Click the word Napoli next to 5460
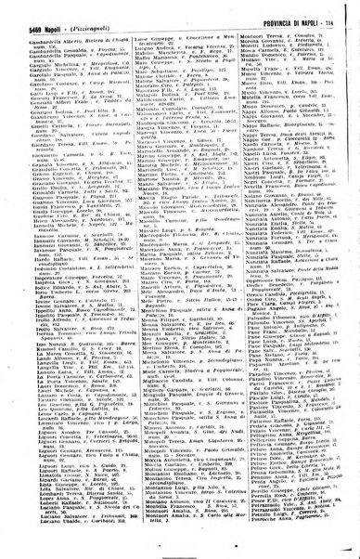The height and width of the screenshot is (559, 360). click(48, 31)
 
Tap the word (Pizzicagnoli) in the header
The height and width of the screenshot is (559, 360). click(93, 31)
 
